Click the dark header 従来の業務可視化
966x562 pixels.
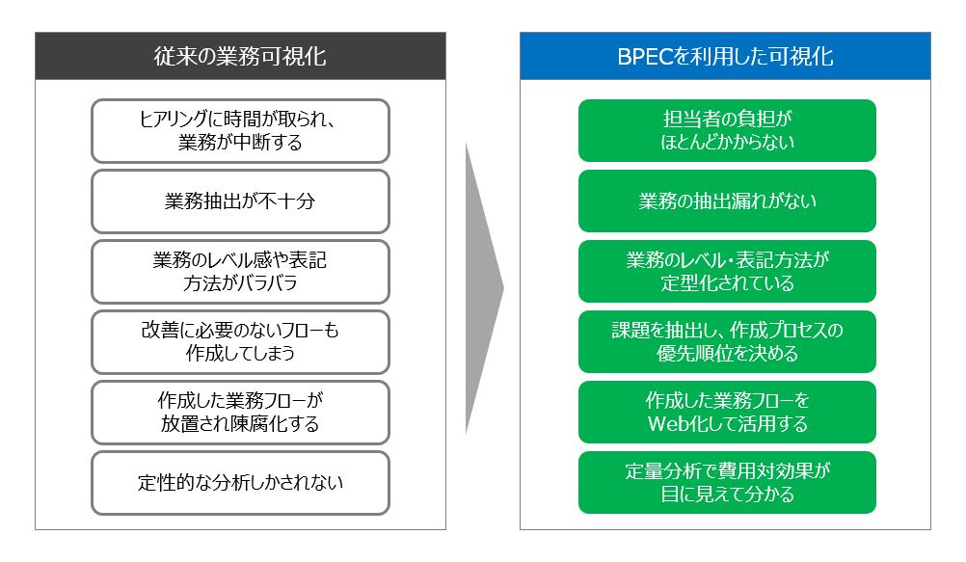[240, 56]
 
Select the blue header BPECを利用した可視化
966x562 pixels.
[725, 56]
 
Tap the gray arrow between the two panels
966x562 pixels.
[484, 288]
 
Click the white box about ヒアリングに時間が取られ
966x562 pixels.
[240, 131]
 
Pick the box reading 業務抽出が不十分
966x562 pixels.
[240, 201]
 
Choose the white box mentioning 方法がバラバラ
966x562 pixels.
[240, 272]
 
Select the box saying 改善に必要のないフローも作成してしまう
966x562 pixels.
[240, 342]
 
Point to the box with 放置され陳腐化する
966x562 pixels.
[240, 413]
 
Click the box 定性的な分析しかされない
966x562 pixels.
[240, 483]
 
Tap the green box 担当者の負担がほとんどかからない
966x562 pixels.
[727, 131]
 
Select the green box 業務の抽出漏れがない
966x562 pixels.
[727, 201]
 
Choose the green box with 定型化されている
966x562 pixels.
[727, 272]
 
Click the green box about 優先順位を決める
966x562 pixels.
[727, 342]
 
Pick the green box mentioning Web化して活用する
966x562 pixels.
[727, 413]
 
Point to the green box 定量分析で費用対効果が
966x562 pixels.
[727, 483]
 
